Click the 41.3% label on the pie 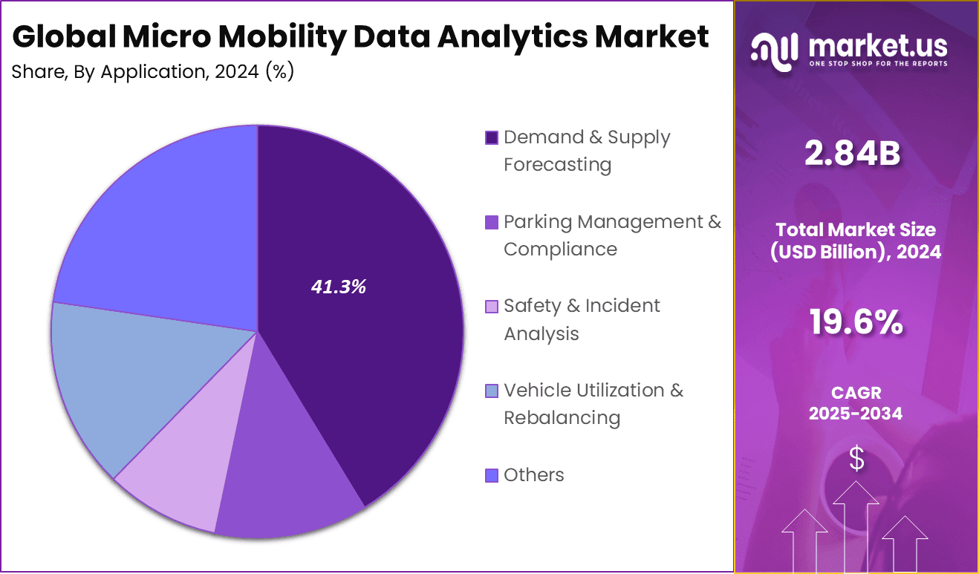coord(338,287)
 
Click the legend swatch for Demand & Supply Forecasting coord(491,138)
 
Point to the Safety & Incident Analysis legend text coord(581,319)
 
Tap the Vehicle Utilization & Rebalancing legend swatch coord(491,391)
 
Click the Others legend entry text coord(533,475)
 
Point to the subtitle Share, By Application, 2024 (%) coord(153,72)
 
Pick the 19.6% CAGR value coord(856,323)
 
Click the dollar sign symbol coord(856,459)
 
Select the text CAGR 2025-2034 coord(856,403)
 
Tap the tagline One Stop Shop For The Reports coord(878,64)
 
